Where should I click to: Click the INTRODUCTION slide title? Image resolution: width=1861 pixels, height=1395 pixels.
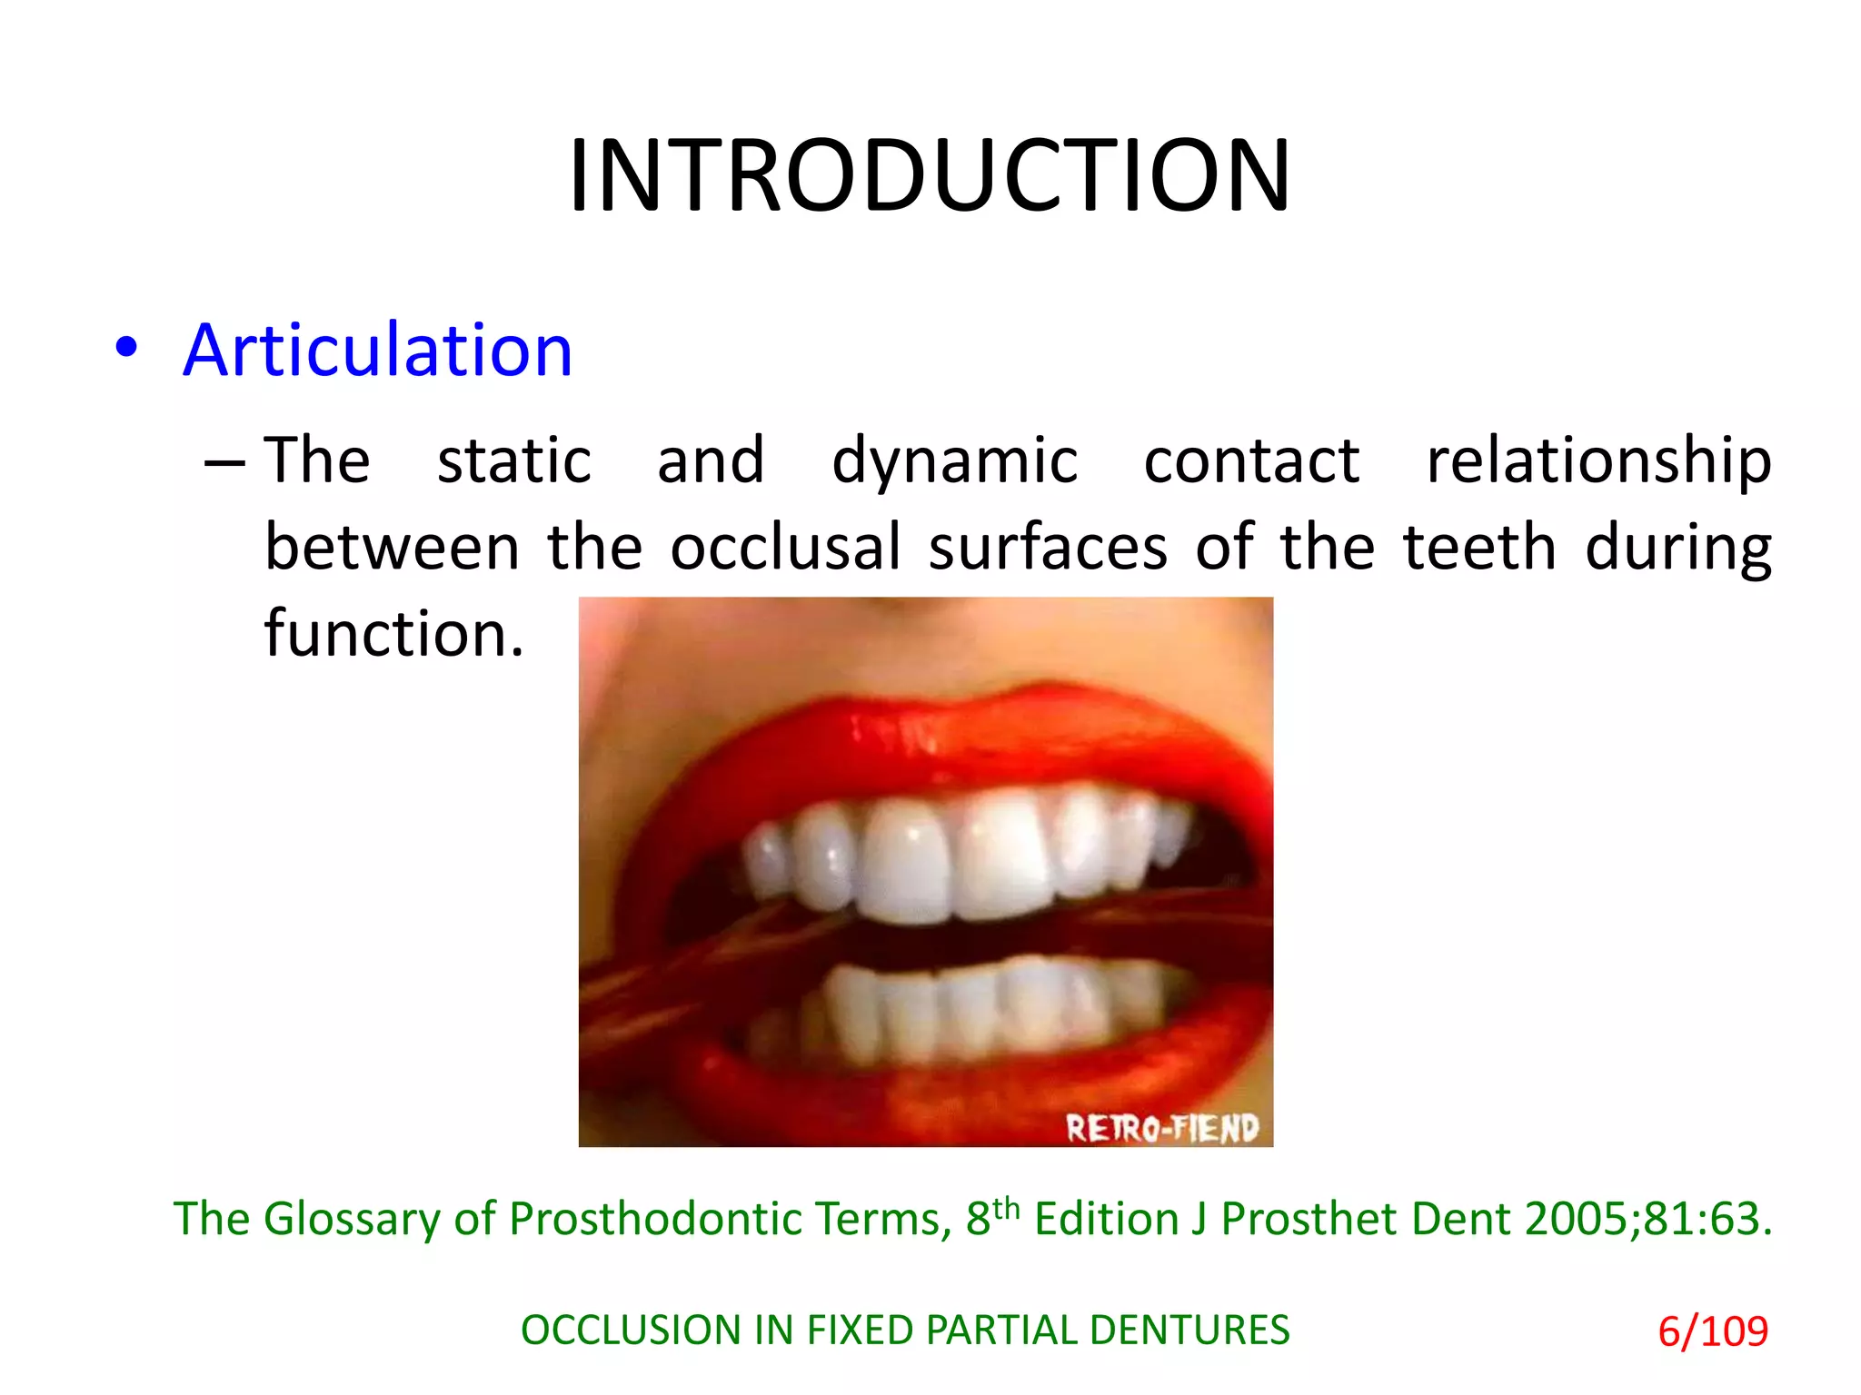coord(929,175)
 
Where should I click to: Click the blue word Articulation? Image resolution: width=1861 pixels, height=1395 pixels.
coord(377,351)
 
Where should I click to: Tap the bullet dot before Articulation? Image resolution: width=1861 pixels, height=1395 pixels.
coord(127,347)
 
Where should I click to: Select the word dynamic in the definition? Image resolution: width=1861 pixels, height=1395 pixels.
coord(954,461)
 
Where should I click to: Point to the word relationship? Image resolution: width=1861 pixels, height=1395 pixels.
coord(1598,460)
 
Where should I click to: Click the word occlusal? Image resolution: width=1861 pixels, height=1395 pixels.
coord(785,547)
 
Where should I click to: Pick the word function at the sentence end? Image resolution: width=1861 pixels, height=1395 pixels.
coord(393,633)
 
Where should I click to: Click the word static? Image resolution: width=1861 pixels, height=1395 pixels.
coord(514,460)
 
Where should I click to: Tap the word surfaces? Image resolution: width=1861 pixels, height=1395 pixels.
coord(1048,547)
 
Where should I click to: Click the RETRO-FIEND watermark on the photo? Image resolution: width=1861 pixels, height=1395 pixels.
coord(1162,1128)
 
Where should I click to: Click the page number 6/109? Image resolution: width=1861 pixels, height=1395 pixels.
coord(1713,1331)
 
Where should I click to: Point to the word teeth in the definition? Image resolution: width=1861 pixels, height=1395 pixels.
coord(1479,547)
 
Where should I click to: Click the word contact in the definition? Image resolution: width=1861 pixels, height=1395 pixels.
coord(1251,460)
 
